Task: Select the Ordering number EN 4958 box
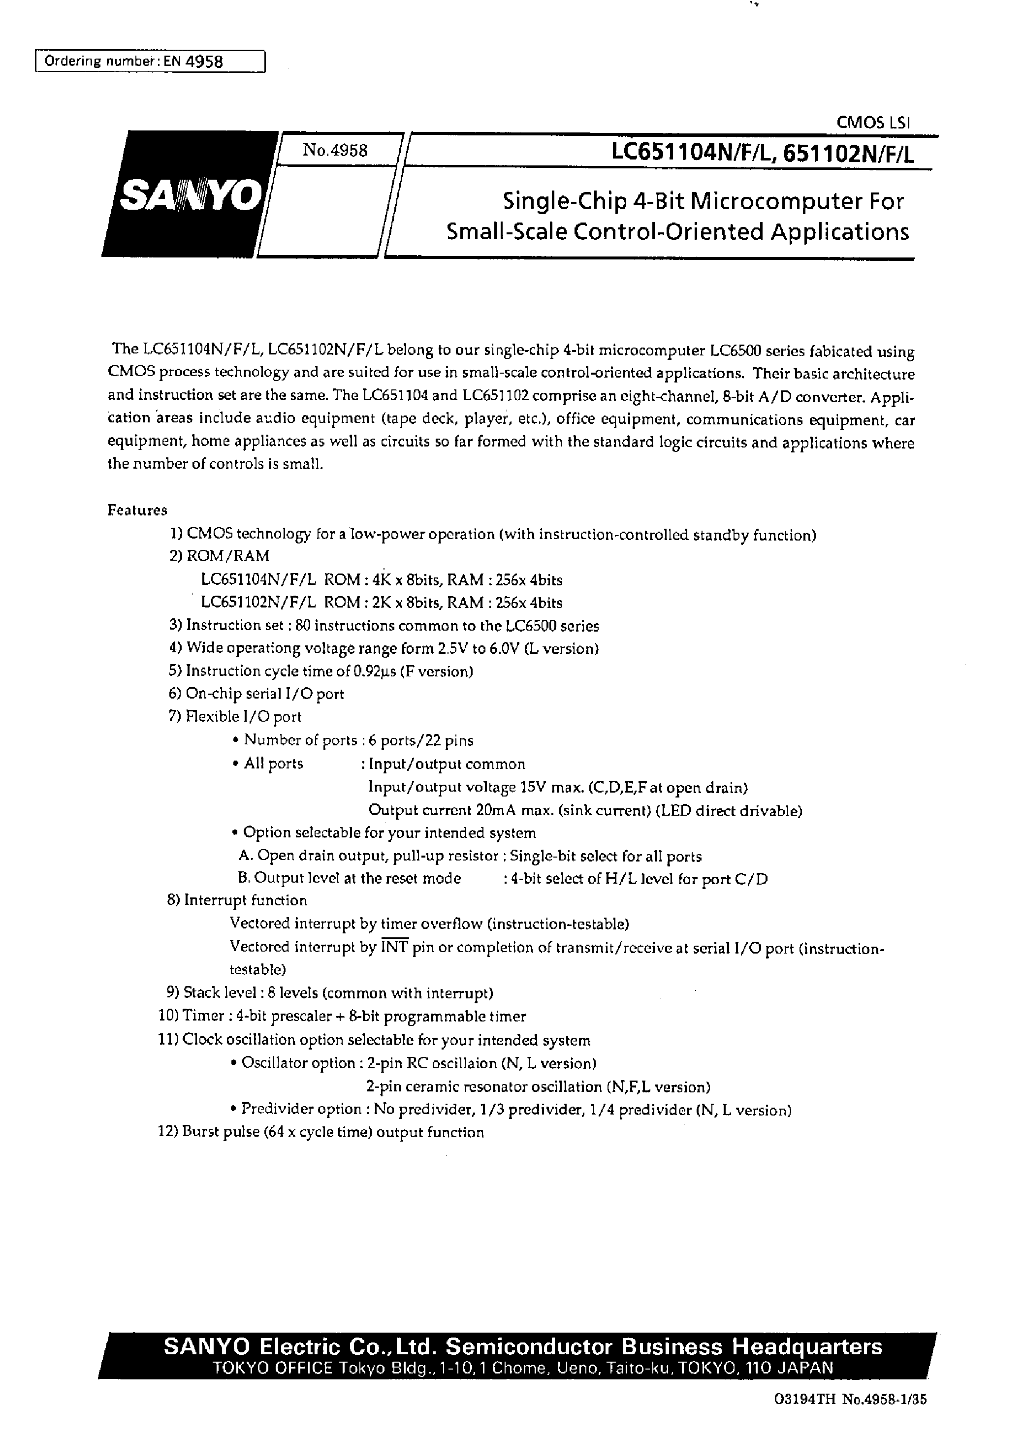click(x=150, y=61)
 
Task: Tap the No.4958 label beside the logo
click(x=335, y=151)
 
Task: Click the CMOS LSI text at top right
click(x=873, y=124)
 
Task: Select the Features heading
click(x=137, y=510)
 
